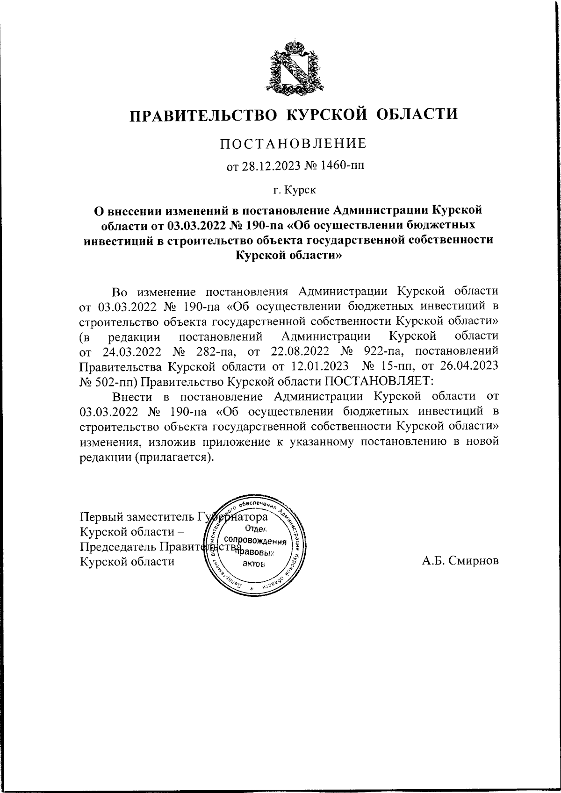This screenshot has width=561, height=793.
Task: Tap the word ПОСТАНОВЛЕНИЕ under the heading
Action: pos(294,143)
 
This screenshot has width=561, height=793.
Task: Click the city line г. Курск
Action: pos(295,190)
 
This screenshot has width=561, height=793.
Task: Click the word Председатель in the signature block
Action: pos(119,546)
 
